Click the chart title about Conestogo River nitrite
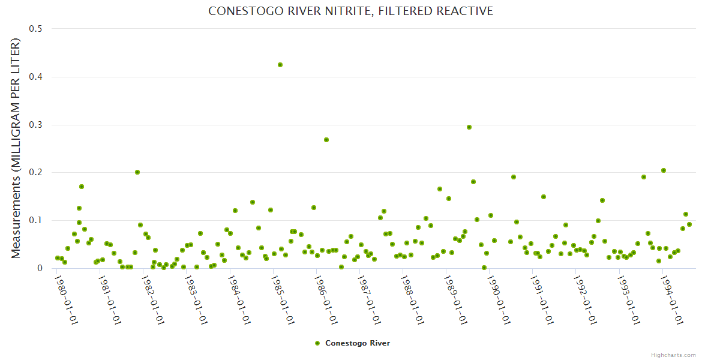[350, 11]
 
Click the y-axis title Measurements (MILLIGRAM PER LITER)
[16, 148]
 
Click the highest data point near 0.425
[280, 65]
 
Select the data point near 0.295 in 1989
[469, 127]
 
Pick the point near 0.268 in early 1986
[326, 140]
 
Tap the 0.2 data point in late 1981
[137, 172]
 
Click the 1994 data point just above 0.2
[664, 170]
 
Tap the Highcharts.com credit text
[673, 355]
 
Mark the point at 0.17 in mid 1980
[82, 187]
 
